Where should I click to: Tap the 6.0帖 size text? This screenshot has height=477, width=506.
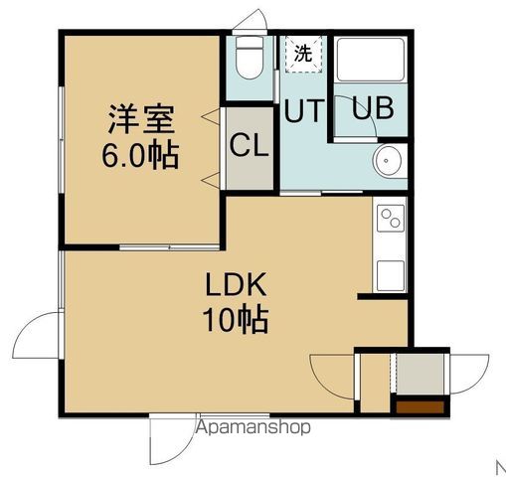[x=142, y=156]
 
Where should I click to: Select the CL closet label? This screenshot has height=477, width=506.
[x=250, y=146]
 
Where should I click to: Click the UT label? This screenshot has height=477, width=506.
[x=303, y=111]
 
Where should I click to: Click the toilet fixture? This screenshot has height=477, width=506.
[x=248, y=61]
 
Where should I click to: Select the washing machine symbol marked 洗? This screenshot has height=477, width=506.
[x=302, y=54]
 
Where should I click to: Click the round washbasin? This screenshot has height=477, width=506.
[x=389, y=162]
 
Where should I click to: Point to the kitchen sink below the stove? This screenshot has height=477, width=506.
[x=389, y=271]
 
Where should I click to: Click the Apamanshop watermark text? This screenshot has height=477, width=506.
[x=253, y=428]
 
